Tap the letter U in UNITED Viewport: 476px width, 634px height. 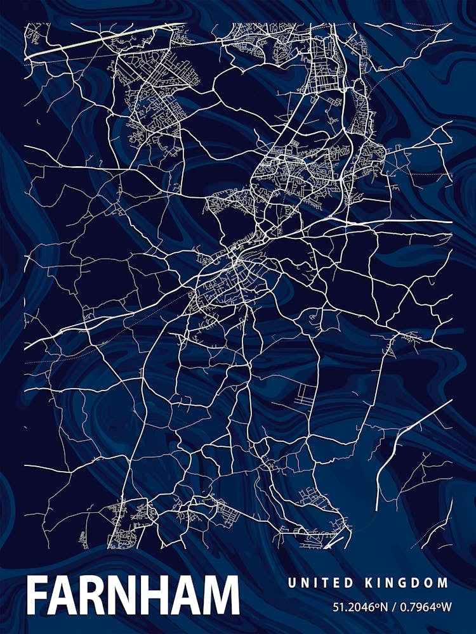[x=291, y=583]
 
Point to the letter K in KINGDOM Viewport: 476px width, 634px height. [x=369, y=583]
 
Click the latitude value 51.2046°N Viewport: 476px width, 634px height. [x=360, y=607]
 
